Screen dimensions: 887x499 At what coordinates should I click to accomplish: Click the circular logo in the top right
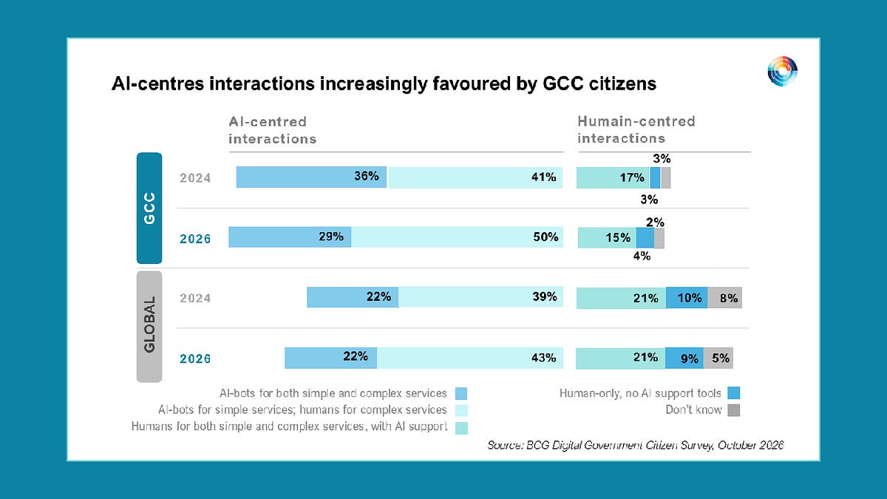coord(783,71)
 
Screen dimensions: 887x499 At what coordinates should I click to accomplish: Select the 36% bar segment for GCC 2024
coord(312,177)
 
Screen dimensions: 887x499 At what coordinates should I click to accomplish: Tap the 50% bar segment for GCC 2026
coord(457,237)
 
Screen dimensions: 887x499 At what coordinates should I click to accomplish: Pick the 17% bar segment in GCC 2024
coord(613,178)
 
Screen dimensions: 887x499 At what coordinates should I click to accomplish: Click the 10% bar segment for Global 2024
coord(687,298)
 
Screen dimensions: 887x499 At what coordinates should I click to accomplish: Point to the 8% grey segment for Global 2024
coord(724,298)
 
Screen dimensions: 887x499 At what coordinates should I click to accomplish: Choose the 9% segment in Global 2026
coord(684,359)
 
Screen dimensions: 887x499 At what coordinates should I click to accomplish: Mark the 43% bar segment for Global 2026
coord(470,358)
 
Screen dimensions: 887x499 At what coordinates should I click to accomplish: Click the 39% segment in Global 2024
coord(481,296)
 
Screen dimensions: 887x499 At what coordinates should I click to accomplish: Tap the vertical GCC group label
coord(149,208)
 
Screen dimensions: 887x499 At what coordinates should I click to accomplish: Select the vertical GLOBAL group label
coord(149,327)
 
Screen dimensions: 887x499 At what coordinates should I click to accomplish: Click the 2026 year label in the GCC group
coord(195,239)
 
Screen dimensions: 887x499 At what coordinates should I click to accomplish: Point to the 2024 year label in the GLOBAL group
coord(195,298)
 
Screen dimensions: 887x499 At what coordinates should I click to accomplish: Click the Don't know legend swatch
coord(734,410)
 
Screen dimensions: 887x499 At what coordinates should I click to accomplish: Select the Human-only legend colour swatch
coord(734,393)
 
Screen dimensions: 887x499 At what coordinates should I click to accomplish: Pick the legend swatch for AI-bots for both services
coord(461,393)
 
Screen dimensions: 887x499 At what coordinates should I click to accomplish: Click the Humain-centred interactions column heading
coord(636,129)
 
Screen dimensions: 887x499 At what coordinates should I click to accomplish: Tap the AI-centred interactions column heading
coord(273,130)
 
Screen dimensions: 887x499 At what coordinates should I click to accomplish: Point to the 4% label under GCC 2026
coord(642,257)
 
